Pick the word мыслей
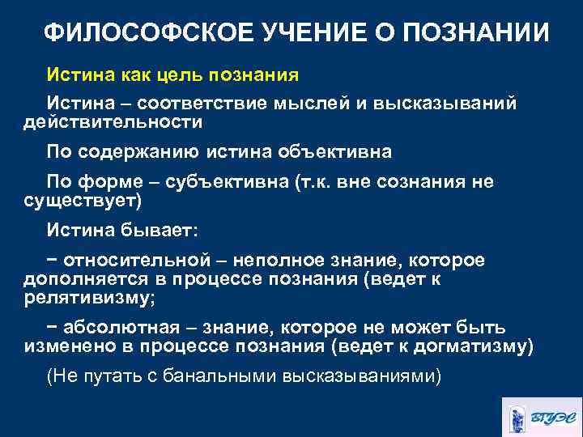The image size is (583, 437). [x=317, y=104]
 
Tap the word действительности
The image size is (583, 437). [x=112, y=122]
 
